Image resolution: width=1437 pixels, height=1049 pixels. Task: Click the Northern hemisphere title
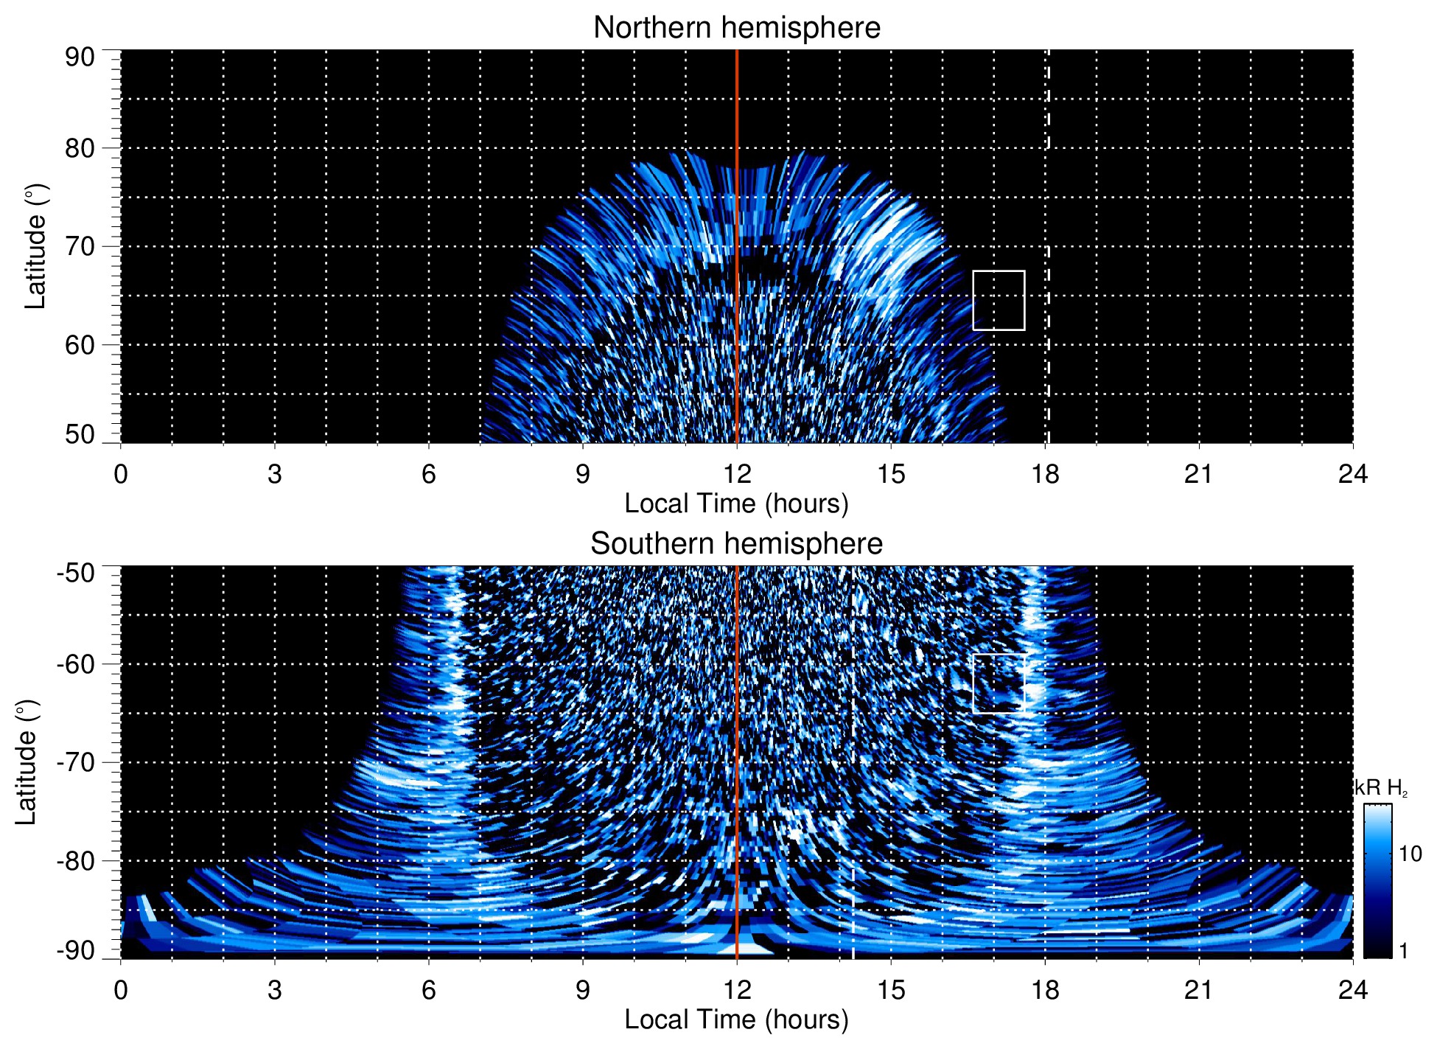click(736, 28)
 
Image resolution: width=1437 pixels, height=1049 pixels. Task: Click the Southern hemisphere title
click(736, 544)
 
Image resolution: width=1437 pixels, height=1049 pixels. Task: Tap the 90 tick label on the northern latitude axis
click(80, 57)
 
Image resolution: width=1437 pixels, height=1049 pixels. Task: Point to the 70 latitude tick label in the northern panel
click(80, 246)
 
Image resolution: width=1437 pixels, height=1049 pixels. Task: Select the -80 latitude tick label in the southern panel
click(75, 860)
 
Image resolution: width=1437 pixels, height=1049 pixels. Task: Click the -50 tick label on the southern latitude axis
click(75, 573)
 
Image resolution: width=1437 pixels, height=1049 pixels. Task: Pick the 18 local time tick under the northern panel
click(1045, 474)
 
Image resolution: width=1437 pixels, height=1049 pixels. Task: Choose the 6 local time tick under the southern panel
click(428, 990)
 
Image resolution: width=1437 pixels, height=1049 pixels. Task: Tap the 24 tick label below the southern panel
click(1352, 990)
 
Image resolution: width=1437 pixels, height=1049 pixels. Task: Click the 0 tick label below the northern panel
click(121, 474)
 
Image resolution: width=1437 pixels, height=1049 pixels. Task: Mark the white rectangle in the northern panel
click(999, 300)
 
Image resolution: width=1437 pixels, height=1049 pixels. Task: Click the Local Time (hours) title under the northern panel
click(736, 503)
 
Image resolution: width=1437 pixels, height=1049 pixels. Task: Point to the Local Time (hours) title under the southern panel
click(736, 1020)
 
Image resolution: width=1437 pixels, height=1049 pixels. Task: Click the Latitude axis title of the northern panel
click(35, 246)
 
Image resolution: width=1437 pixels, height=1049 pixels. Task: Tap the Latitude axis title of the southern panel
click(27, 762)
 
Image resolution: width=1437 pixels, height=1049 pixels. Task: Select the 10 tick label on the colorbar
click(1410, 854)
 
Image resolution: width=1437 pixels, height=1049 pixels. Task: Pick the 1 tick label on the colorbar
click(1403, 951)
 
